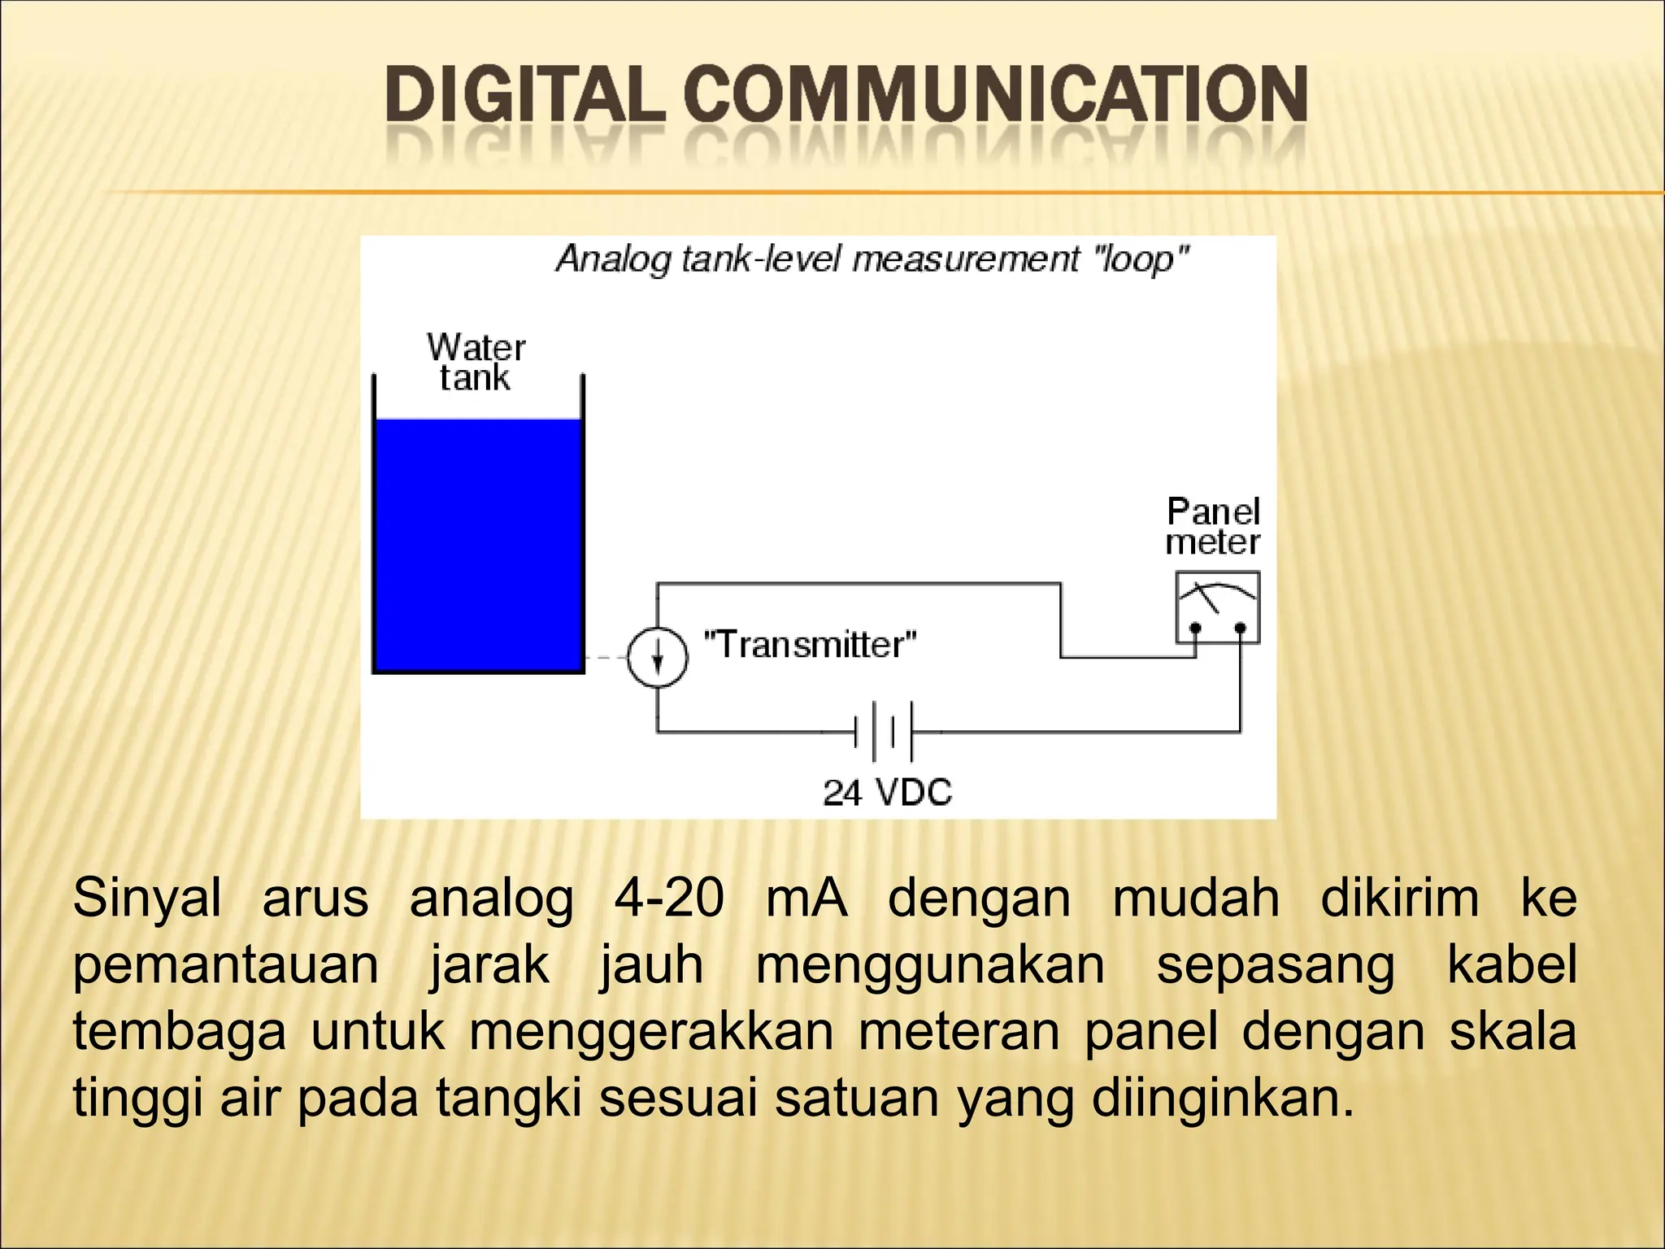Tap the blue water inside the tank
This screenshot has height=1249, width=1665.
[478, 545]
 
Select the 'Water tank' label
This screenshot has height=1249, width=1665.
[476, 363]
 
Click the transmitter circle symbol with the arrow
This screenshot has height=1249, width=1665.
[657, 657]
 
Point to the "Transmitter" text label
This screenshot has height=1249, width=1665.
[810, 645]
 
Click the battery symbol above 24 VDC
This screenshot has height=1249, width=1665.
[883, 732]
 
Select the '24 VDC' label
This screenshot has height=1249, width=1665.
[887, 792]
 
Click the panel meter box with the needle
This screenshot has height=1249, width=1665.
[1218, 607]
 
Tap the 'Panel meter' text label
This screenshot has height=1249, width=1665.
[1213, 527]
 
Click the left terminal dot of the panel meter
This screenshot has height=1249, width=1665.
[1195, 628]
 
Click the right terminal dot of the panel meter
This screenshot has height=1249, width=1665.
[1241, 628]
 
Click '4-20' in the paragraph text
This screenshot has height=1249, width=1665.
[668, 899]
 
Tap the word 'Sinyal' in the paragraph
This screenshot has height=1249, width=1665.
[147, 899]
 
